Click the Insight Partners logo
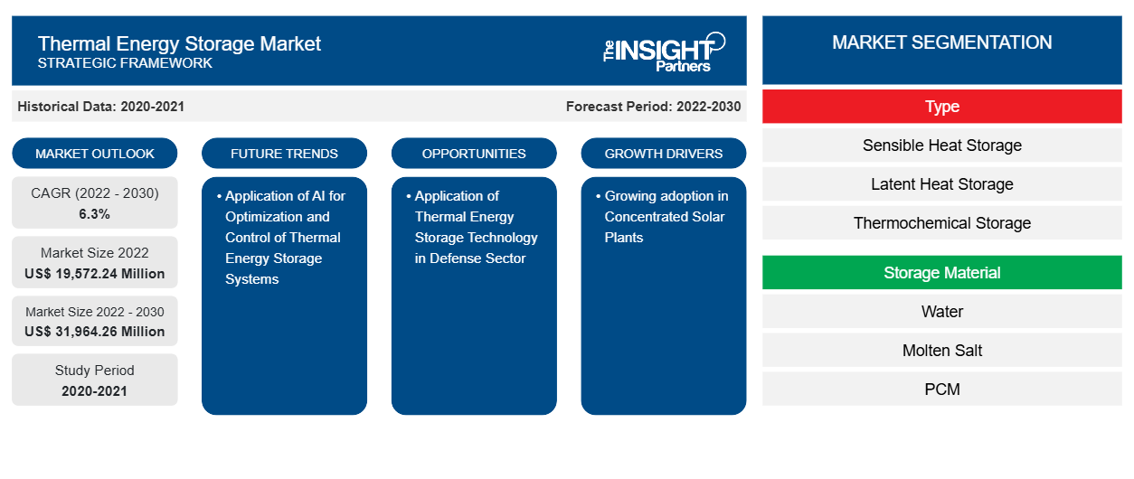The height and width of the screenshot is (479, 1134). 664,51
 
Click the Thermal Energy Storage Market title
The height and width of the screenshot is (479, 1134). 179,43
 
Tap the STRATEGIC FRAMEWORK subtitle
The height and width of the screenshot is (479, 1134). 125,63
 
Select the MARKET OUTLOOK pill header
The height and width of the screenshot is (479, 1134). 95,154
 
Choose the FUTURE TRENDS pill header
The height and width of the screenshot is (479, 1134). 284,154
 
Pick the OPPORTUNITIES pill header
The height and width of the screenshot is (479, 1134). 474,154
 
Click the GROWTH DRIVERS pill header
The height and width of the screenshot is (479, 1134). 664,154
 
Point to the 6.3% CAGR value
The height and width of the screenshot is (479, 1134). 95,214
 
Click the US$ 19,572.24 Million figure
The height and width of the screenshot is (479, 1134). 95,273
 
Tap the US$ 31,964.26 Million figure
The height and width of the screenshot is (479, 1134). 95,331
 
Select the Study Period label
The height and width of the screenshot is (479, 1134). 95,371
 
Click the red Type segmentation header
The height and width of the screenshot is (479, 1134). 941,107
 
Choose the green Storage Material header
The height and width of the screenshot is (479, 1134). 941,273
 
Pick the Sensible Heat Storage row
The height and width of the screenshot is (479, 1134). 941,146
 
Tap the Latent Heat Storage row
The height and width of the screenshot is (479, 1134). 941,184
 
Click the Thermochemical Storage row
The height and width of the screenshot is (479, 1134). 941,223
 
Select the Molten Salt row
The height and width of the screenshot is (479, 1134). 941,351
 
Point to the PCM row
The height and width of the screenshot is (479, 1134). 941,390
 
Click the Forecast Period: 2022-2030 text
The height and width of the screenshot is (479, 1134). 653,107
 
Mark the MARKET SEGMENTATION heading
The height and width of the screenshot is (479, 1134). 941,42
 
